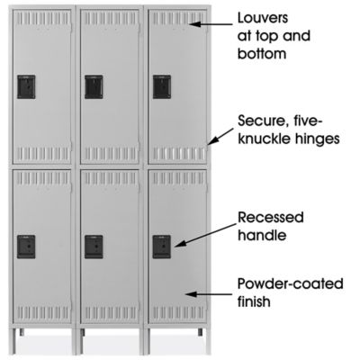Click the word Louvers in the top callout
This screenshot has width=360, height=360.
(263, 18)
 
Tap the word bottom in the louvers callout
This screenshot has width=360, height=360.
(262, 54)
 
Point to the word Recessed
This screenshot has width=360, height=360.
(271, 217)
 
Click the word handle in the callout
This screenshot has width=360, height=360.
(262, 235)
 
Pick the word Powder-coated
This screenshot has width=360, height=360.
(291, 283)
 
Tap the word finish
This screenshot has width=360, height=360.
(254, 301)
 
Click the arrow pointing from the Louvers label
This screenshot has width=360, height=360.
(211, 23)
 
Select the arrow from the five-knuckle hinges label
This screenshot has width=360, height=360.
(220, 137)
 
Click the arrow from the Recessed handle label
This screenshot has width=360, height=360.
(206, 235)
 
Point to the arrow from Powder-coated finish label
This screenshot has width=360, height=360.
(209, 294)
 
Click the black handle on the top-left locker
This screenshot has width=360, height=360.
(26, 87)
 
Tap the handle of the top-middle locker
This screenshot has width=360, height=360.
(94, 87)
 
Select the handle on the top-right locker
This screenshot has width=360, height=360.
(162, 87)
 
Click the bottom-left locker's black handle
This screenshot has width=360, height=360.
(26, 247)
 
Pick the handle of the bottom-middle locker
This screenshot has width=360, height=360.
(94, 247)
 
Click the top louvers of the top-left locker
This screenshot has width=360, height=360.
(42, 19)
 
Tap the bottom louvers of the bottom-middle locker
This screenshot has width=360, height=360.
(110, 313)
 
